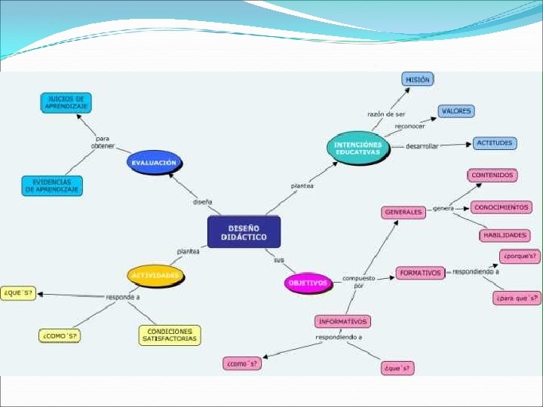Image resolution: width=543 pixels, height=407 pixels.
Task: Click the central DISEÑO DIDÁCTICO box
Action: [244, 231]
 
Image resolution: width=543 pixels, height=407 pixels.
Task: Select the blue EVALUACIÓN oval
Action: [155, 162]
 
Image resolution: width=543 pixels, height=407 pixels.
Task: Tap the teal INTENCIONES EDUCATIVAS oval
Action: [359, 148]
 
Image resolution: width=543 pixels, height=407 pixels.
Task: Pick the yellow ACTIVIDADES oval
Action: [156, 276]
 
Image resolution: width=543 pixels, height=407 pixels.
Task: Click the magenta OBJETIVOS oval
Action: [308, 283]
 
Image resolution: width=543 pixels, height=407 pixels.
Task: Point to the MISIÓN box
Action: [417, 78]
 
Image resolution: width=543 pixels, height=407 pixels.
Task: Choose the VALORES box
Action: [456, 112]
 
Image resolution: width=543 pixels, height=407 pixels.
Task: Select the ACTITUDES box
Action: [494, 142]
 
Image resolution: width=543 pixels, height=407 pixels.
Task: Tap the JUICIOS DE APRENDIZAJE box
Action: [66, 103]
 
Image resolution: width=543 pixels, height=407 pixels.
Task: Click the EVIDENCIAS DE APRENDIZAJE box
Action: [52, 185]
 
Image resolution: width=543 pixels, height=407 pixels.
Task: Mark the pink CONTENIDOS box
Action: [492, 176]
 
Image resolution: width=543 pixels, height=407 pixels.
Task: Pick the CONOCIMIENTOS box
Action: [501, 207]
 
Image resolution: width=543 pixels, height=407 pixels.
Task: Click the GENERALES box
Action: [403, 213]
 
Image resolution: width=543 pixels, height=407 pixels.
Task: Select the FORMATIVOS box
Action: [420, 273]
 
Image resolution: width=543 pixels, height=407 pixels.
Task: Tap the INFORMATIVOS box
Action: [343, 321]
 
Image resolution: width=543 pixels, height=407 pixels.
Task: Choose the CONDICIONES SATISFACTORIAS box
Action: [170, 335]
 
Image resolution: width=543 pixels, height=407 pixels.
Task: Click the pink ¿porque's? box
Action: [520, 256]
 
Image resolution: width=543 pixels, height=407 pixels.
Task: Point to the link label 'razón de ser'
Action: [386, 114]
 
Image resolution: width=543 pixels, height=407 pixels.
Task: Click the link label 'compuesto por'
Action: [358, 282]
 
